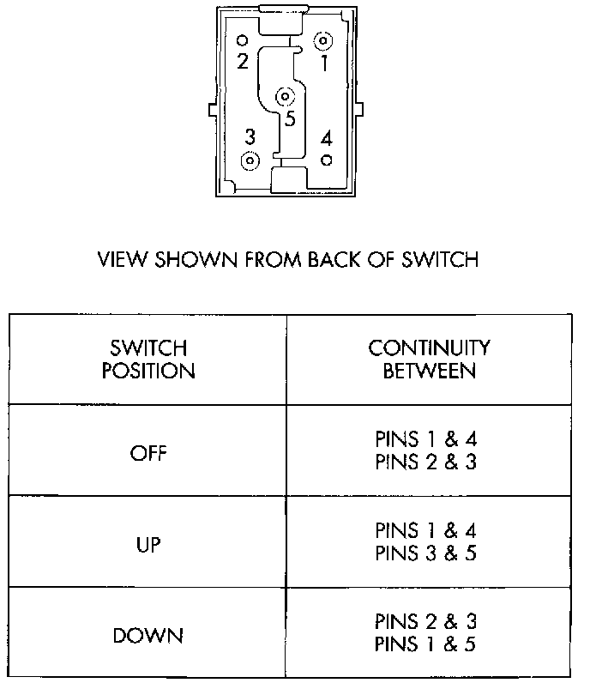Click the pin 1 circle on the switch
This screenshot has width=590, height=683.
click(x=324, y=41)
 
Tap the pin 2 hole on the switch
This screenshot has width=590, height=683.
click(x=242, y=40)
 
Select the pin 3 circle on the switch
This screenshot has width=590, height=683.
click(x=250, y=160)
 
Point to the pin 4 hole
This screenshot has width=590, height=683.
click(x=326, y=160)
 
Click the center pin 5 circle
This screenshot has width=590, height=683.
click(x=286, y=97)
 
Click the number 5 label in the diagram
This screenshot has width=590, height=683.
click(x=290, y=119)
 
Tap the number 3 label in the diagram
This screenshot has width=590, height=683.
click(x=250, y=137)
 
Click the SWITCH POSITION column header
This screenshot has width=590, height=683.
click(x=148, y=360)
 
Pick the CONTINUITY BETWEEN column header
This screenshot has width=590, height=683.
click(x=430, y=360)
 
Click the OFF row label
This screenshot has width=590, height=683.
click(x=148, y=453)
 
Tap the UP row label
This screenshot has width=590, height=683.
click(x=148, y=544)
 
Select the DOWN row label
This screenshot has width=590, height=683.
click(x=148, y=636)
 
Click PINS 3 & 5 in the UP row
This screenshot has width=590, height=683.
click(x=426, y=553)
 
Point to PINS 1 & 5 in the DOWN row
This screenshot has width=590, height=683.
click(x=426, y=644)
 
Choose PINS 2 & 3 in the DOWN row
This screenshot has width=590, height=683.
click(x=426, y=622)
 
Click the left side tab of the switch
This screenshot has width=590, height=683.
click(x=212, y=111)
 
